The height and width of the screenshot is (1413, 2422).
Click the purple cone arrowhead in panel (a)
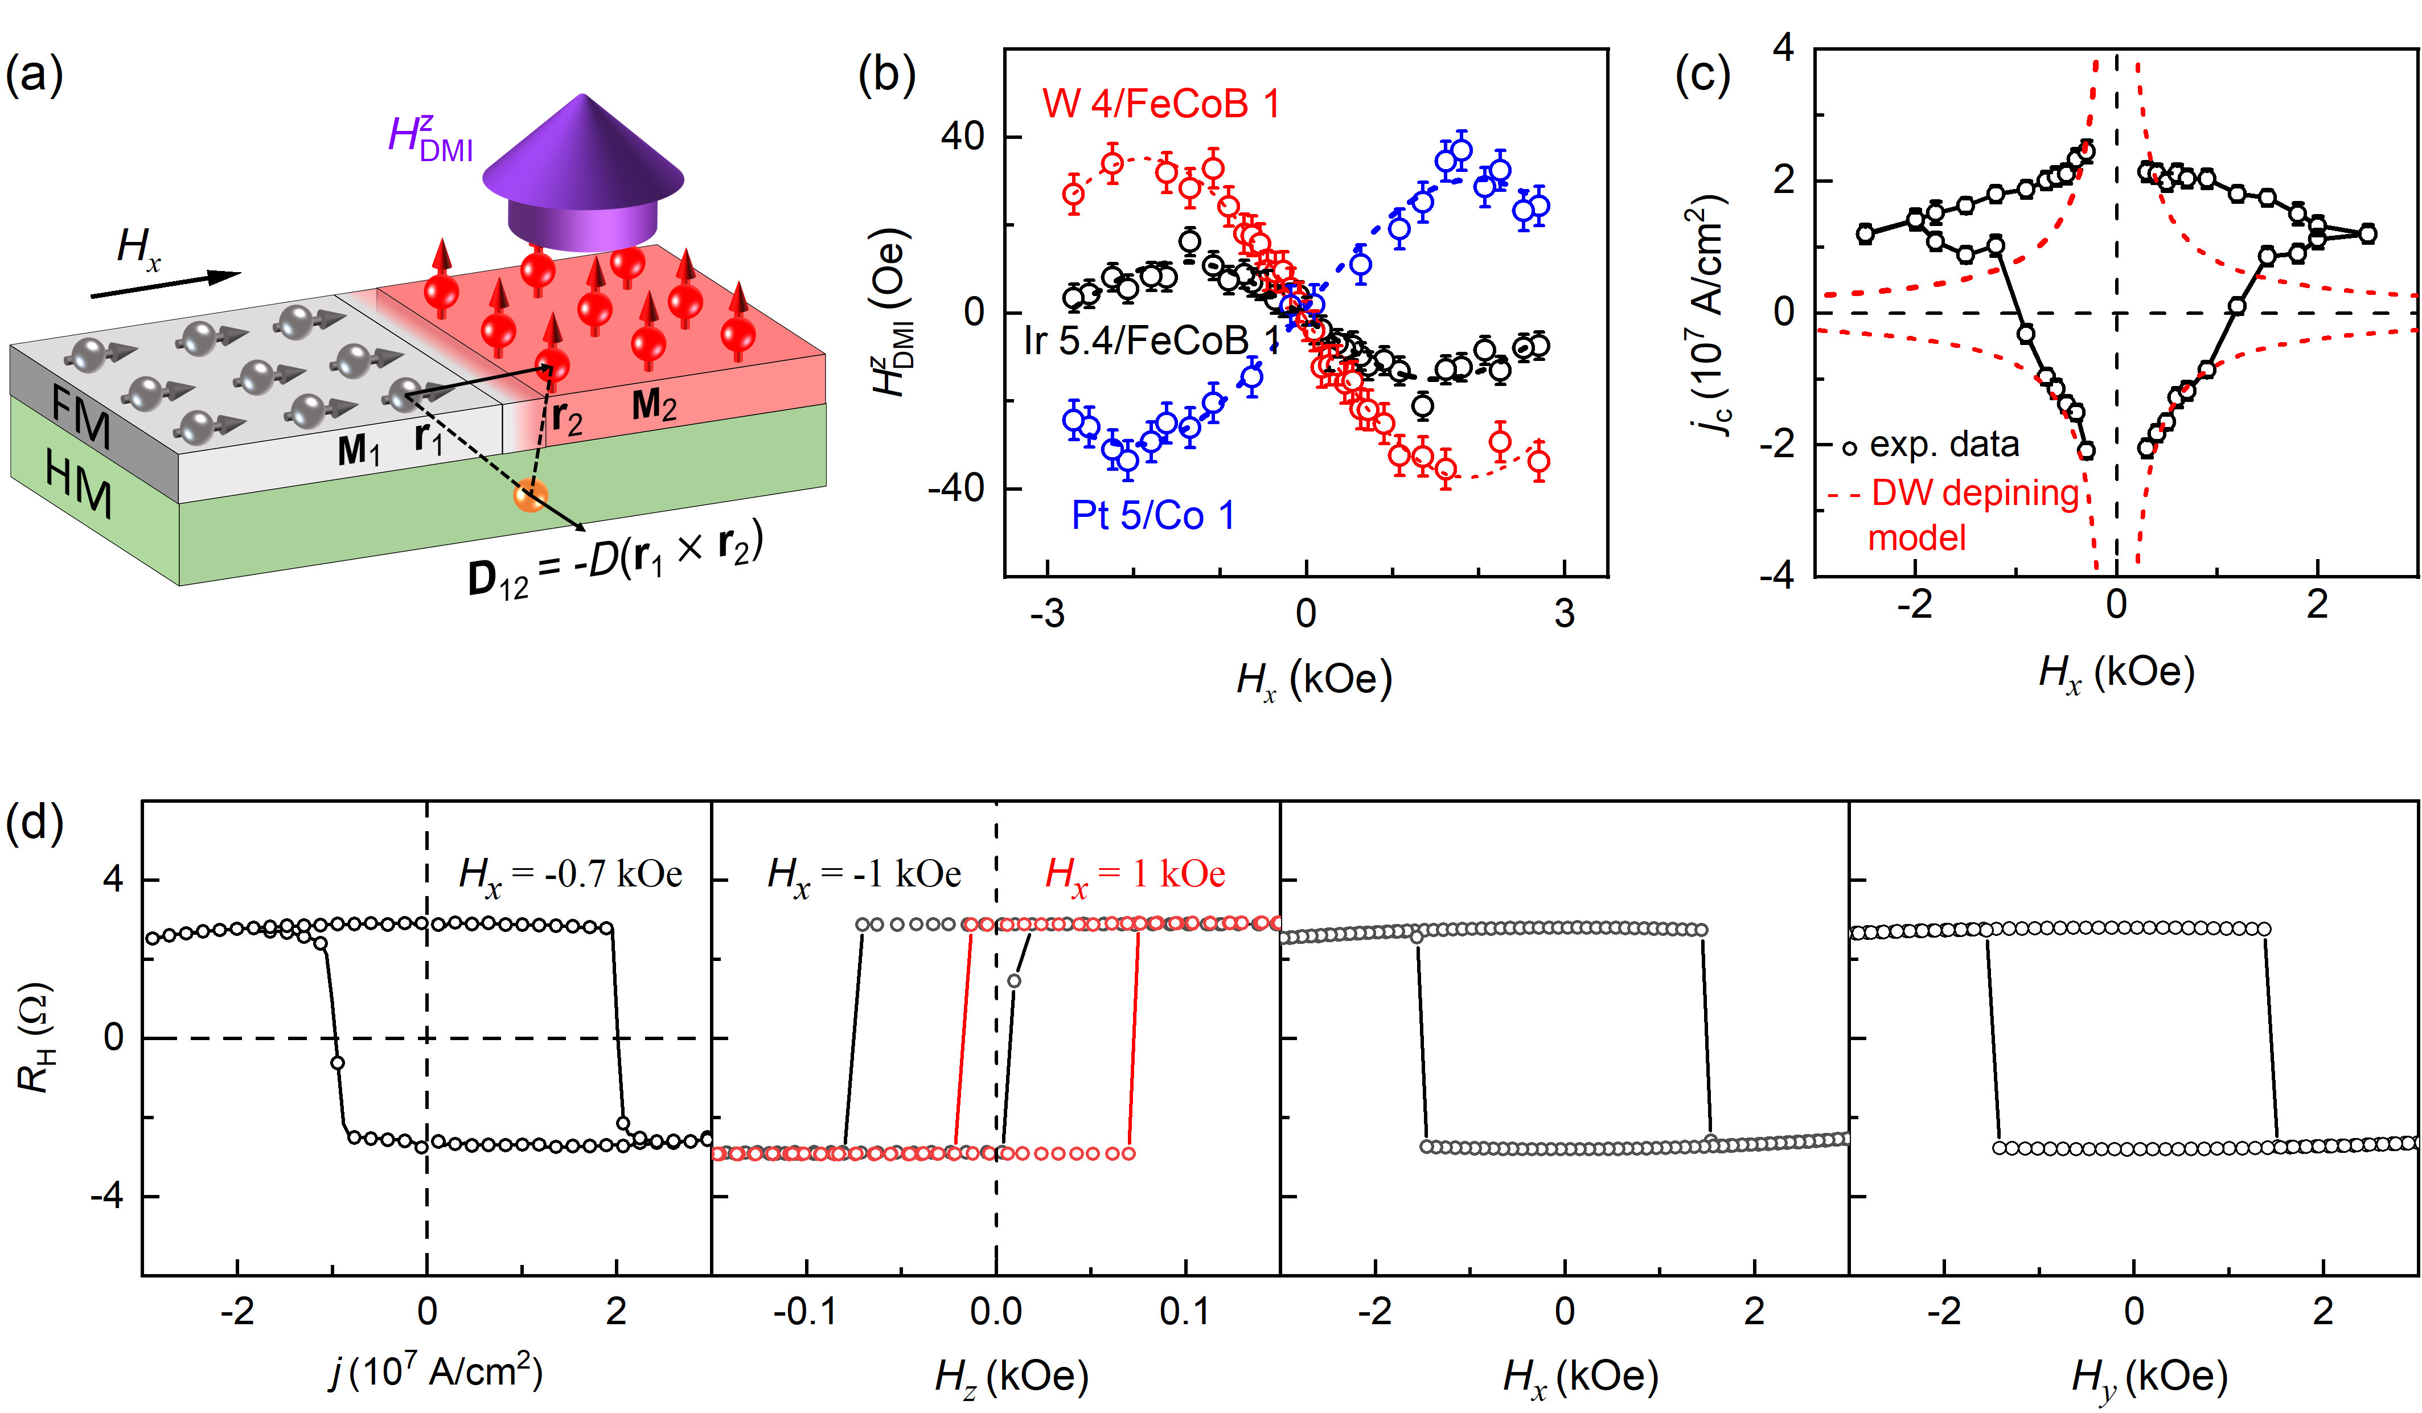582,154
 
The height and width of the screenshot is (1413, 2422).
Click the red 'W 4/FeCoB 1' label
1161,104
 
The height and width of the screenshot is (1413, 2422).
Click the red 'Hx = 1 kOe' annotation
1135,874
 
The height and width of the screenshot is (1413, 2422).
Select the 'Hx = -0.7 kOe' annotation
571,874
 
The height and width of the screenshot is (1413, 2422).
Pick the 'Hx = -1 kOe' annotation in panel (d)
864,874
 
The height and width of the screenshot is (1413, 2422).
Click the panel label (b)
886,75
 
